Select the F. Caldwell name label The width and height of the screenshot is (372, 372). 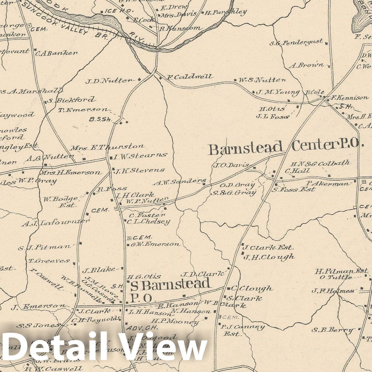tap(189, 77)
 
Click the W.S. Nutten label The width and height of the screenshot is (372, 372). tap(262, 80)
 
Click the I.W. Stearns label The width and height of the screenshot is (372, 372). tap(141, 156)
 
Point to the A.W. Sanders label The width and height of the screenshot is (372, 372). tap(180, 182)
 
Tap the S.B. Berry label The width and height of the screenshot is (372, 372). tap(332, 330)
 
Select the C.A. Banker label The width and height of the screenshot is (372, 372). tap(57, 53)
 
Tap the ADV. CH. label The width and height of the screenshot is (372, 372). tap(142, 327)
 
